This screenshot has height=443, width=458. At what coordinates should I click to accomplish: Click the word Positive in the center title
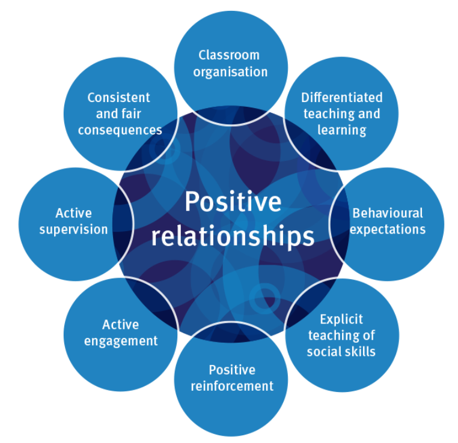[x=233, y=202]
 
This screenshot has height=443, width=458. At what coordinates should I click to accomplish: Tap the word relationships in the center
[x=233, y=236]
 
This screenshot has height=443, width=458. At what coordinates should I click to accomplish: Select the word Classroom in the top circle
[x=229, y=55]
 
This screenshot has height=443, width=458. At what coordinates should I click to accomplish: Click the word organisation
[x=229, y=72]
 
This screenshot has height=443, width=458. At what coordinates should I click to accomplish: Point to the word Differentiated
[x=341, y=98]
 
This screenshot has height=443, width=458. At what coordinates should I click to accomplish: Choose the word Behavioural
[x=388, y=213]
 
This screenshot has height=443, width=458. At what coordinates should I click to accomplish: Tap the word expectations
[x=388, y=229]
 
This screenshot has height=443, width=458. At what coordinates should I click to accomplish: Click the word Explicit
[x=341, y=319]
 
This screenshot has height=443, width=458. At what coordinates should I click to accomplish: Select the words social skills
[x=341, y=352]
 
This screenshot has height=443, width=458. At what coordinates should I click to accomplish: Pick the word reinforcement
[x=232, y=386]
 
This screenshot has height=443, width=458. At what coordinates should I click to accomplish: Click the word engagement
[x=121, y=341]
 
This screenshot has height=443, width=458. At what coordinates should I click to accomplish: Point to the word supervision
[x=74, y=229]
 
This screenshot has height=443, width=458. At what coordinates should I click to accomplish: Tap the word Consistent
[x=118, y=97]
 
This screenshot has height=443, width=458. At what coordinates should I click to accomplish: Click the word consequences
[x=120, y=130]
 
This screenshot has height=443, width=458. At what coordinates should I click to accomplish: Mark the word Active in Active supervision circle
[x=74, y=213]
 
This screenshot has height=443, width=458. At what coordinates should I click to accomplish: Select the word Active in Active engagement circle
[x=121, y=325]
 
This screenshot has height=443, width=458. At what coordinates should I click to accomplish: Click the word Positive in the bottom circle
[x=232, y=370]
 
